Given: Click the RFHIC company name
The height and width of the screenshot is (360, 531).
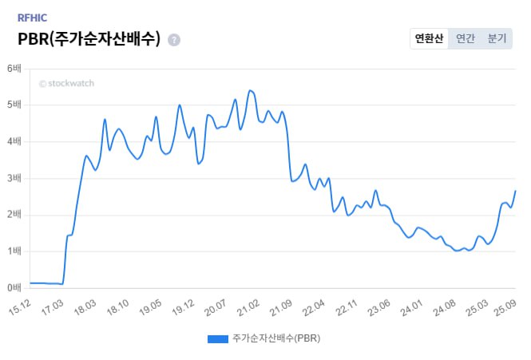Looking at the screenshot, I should coord(32,17).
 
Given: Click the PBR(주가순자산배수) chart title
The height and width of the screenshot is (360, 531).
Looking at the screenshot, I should coord(89,38).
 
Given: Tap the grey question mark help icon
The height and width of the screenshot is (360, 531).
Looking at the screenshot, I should coord(174,40).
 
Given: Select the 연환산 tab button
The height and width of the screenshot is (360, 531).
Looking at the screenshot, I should coord(429,38).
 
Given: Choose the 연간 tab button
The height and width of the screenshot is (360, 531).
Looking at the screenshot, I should coord(465,38).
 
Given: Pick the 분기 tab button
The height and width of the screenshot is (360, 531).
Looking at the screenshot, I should coord(497,38).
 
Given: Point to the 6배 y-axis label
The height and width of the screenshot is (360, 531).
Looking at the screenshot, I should coord(14,69).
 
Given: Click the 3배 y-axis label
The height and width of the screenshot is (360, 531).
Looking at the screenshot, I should coord(14,178).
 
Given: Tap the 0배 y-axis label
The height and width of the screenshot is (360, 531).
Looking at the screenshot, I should coord(14,287).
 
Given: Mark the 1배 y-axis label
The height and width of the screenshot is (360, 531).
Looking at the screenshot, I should coord(14,251).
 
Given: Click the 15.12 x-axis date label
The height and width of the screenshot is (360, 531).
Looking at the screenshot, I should coord(20,307).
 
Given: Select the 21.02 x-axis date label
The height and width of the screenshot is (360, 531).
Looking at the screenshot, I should coord(248,307).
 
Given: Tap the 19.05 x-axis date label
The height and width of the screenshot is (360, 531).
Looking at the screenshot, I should coord(150,307).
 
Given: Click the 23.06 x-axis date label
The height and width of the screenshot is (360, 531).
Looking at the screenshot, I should coord(378,307).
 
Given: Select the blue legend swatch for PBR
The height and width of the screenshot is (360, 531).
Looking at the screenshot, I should coord(218,338).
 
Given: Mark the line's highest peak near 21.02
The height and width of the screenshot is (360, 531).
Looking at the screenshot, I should coord(251,90).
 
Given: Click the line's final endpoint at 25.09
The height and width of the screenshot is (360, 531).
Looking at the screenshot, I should coord(516,191).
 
